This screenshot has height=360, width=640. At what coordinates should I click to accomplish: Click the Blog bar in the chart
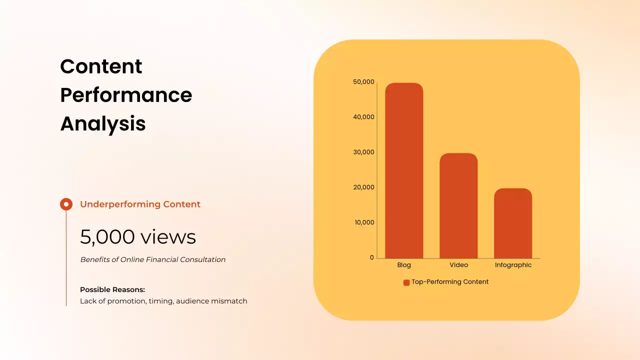pyautogui.click(x=404, y=170)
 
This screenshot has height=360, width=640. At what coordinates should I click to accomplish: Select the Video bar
pyautogui.click(x=458, y=205)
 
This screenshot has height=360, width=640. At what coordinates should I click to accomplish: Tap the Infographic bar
pyautogui.click(x=513, y=223)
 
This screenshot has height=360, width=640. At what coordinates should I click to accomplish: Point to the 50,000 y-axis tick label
pyautogui.click(x=363, y=82)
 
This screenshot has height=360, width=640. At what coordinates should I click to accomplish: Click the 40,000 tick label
pyautogui.click(x=363, y=117)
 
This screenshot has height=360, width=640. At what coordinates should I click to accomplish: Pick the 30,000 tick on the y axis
pyautogui.click(x=363, y=152)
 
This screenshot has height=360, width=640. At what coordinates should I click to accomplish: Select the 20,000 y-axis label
pyautogui.click(x=363, y=187)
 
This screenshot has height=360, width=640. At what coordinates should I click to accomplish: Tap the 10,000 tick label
pyautogui.click(x=364, y=222)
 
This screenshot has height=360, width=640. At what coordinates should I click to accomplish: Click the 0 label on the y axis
pyautogui.click(x=372, y=257)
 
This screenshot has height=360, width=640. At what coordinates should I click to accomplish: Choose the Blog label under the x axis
pyautogui.click(x=404, y=265)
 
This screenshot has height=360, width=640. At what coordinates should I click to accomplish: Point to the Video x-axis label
pyautogui.click(x=458, y=265)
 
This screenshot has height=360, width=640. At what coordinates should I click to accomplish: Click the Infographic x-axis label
pyautogui.click(x=513, y=265)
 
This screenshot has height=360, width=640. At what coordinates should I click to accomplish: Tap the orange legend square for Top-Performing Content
pyautogui.click(x=406, y=282)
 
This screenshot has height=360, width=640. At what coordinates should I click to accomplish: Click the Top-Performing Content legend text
pyautogui.click(x=450, y=282)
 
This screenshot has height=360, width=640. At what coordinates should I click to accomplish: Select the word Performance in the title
pyautogui.click(x=126, y=95)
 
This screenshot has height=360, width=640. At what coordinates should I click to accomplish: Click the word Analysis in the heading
pyautogui.click(x=103, y=123)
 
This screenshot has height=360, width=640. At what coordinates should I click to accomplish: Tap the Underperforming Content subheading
pyautogui.click(x=140, y=204)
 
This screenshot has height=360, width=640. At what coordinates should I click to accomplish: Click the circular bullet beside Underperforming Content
pyautogui.click(x=66, y=204)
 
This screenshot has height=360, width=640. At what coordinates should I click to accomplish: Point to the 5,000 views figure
pyautogui.click(x=138, y=237)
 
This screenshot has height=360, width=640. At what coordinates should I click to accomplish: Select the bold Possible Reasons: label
pyautogui.click(x=112, y=290)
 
